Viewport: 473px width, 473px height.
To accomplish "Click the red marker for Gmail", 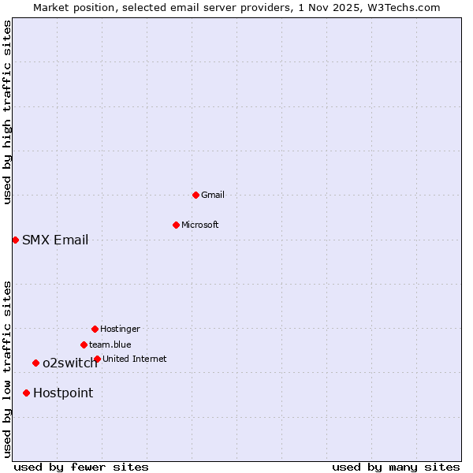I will tap(196, 195).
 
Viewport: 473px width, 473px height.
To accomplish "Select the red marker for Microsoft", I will tap(176, 225).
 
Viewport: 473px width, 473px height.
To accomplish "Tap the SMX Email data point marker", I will tap(15, 240).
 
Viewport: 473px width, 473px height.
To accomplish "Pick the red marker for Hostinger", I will tap(95, 329).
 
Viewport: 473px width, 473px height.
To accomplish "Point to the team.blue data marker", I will tap(84, 345).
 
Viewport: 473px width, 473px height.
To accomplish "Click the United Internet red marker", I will tap(97, 359).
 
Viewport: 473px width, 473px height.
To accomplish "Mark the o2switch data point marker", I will tap(35, 363).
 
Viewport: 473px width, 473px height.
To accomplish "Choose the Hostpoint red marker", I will tap(26, 393).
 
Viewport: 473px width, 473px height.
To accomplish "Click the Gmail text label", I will tap(213, 195).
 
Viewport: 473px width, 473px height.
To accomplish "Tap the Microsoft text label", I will tap(200, 225).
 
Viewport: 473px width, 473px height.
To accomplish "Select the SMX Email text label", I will tap(55, 240).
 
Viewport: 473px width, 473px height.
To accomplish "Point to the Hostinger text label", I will tap(120, 329).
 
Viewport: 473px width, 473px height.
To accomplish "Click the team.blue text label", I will tap(110, 345).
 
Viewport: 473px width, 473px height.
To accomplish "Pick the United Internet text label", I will tap(135, 359).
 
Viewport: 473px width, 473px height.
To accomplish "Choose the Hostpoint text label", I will tap(63, 393).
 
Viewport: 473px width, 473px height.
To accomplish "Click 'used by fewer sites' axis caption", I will tap(81, 467).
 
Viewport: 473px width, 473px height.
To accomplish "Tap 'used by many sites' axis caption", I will tap(396, 467).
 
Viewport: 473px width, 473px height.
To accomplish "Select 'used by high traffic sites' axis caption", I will tap(7, 113).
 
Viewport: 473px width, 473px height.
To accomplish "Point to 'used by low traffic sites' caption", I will tap(7, 369).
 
